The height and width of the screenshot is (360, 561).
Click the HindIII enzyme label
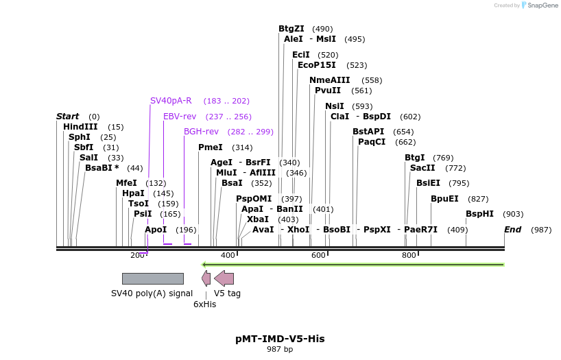80,127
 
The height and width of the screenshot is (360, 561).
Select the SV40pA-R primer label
171,101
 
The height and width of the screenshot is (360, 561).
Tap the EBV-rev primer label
180,117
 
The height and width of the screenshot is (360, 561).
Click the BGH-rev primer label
201,132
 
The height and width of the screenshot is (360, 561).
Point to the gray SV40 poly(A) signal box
153,278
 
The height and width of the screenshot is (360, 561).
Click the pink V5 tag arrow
224,278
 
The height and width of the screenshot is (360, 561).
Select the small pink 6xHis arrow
206,278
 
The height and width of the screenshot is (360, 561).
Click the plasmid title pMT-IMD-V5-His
280,339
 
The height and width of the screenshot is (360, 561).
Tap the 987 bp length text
280,350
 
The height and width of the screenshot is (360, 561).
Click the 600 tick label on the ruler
318,256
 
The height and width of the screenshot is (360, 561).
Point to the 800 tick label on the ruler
409,256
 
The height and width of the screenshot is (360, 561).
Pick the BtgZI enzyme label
291,29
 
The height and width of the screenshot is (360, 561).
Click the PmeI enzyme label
211,147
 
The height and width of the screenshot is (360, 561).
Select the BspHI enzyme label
479,214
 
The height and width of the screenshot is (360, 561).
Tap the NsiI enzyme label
335,106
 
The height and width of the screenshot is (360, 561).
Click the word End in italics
512,230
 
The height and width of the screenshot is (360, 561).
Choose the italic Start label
67,117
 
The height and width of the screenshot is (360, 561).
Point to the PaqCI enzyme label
372,142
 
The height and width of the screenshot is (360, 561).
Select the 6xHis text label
204,304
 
